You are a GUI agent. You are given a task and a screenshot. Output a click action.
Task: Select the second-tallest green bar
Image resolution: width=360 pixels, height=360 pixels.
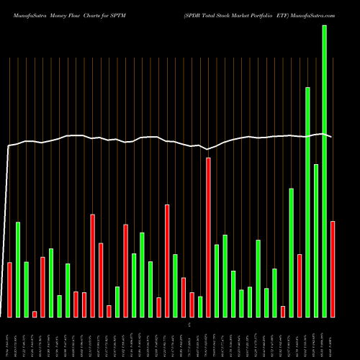pyautogui.click(x=307, y=202)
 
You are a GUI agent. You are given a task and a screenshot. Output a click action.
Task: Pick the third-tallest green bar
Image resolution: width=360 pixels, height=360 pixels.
pyautogui.click(x=316, y=240)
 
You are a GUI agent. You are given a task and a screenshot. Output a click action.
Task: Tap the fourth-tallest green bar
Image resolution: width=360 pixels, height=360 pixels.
pyautogui.click(x=291, y=252)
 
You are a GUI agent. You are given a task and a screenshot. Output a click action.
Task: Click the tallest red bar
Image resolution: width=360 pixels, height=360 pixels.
pyautogui.click(x=208, y=237)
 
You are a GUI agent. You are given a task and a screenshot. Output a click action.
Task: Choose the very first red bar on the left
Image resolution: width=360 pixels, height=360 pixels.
pyautogui.click(x=9, y=289)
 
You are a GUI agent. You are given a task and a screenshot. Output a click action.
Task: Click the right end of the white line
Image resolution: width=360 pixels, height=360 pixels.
pyautogui.click(x=331, y=136)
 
